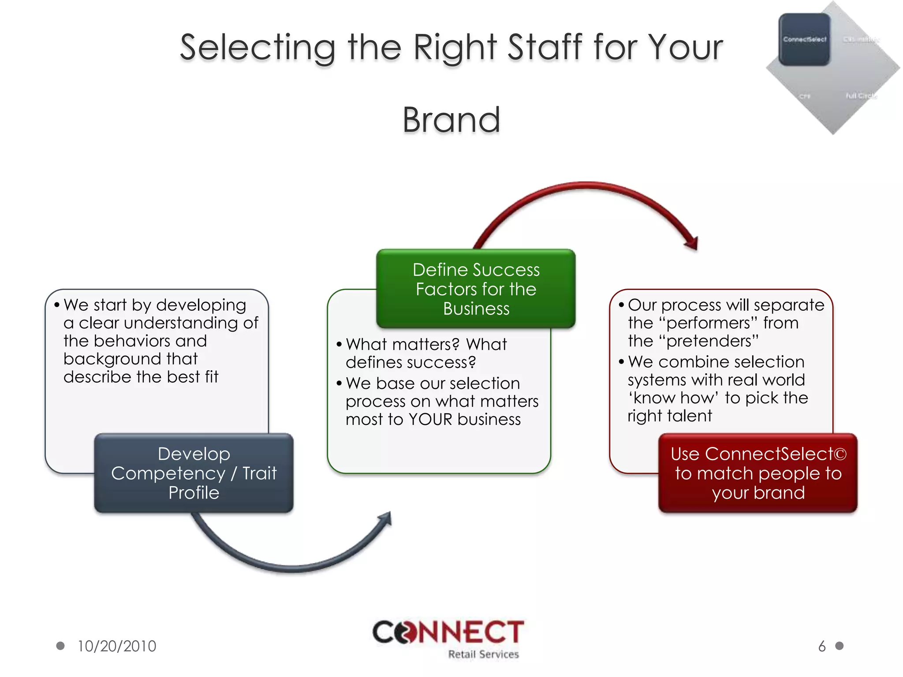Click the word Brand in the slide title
pyautogui.click(x=451, y=120)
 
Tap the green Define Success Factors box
pyautogui.click(x=476, y=289)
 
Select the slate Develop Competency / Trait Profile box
pyautogui.click(x=194, y=473)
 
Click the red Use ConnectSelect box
pyautogui.click(x=758, y=473)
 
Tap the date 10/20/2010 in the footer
pyautogui.click(x=117, y=646)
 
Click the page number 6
pyautogui.click(x=822, y=646)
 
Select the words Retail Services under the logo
pyautogui.click(x=483, y=655)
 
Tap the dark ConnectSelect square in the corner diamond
pyautogui.click(x=804, y=40)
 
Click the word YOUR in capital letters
pyautogui.click(x=430, y=419)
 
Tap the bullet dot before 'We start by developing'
pyautogui.click(x=57, y=305)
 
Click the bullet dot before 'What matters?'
pyautogui.click(x=339, y=344)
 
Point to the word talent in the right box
pyautogui.click(x=689, y=416)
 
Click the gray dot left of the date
pyautogui.click(x=60, y=646)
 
